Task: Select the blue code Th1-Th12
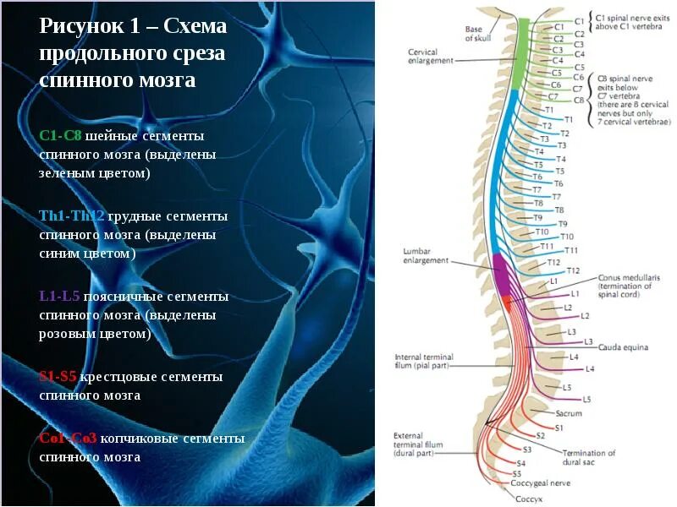pos(72,216)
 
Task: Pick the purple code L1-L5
pos(59,297)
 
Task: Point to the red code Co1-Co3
pos(68,439)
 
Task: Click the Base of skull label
pos(475,32)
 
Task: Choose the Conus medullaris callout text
pos(628,286)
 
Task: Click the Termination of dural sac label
pos(589,457)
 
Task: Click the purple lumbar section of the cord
pos(502,275)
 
